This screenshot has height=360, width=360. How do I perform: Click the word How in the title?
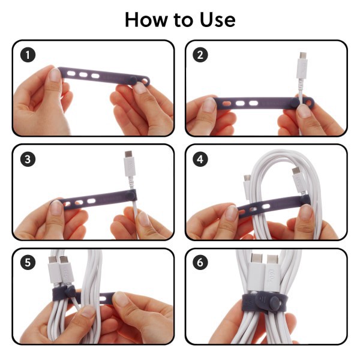tap(146, 20)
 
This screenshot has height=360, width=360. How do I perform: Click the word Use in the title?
tap(218, 20)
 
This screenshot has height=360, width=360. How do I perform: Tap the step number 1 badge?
tap(28, 55)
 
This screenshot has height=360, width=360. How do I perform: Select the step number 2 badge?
tap(200, 55)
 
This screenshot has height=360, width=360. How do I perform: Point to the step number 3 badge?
tap(28, 159)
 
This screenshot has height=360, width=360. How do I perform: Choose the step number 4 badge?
tap(200, 159)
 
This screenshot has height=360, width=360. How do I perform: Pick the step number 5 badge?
tap(28, 262)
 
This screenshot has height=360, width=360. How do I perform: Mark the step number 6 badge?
tap(200, 262)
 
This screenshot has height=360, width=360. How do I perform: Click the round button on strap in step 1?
tap(133, 80)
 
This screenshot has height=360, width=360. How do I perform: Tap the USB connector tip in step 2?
tap(303, 56)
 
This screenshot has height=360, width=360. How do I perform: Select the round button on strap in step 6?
tap(274, 303)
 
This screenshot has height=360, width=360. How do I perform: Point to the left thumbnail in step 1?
tap(55, 75)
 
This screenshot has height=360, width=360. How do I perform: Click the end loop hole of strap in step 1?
tap(145, 81)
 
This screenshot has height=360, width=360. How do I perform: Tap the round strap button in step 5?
tap(70, 292)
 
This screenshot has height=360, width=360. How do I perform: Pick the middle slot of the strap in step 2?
tap(240, 103)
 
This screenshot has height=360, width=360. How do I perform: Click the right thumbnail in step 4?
tap(307, 212)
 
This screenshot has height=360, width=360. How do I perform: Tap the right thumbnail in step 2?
tap(304, 111)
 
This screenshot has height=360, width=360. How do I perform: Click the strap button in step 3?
tap(131, 196)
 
